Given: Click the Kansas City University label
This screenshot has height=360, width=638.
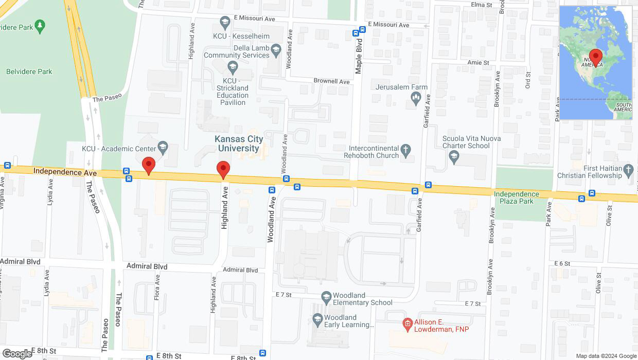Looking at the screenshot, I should tap(239, 143).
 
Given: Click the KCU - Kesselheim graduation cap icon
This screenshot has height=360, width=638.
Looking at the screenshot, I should tap(224, 22).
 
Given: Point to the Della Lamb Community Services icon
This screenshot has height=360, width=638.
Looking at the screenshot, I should tap(276, 49).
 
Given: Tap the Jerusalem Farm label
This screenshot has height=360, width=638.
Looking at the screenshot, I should tap(401, 87).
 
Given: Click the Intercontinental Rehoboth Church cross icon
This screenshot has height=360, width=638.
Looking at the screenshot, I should tap(406, 150).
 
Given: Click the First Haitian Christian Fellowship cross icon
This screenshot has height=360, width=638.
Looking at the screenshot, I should tap(628, 169).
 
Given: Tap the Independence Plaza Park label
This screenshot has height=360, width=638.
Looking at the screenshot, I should tap(516, 197).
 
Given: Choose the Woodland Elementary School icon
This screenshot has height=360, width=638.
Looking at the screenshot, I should tap(326, 297).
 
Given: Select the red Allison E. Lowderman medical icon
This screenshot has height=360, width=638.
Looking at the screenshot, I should tap(407, 323).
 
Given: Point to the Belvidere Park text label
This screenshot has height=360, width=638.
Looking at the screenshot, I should tap(29, 71).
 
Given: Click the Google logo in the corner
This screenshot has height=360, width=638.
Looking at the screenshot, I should tap(16, 353).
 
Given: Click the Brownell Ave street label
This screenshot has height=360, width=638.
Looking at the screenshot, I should tap(332, 81).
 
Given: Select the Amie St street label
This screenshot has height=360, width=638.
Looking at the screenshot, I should tap(477, 62).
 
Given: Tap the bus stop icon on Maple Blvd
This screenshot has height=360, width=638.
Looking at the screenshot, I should tap(356, 33).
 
